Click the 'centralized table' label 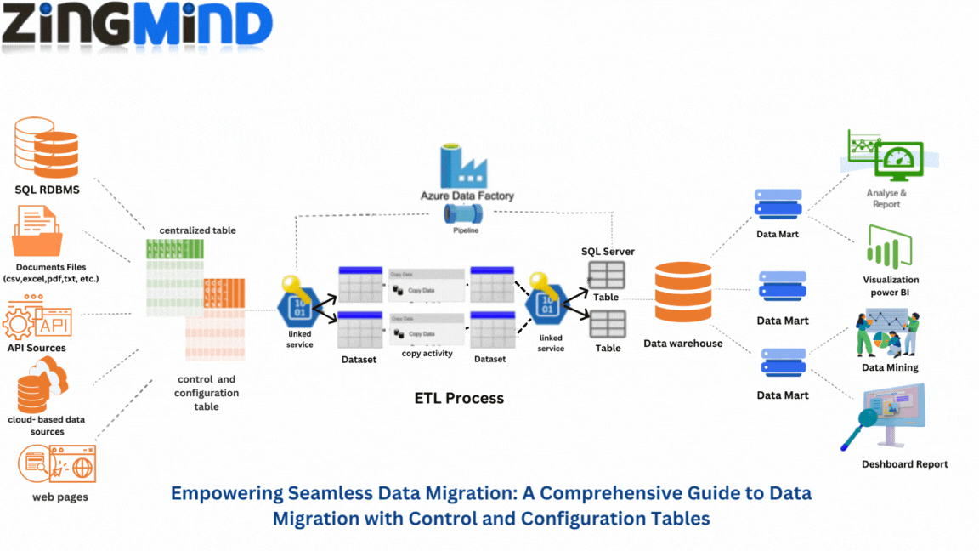197,230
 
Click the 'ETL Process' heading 459,398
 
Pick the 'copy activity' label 427,353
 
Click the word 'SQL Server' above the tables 608,252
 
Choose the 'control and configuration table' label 207,393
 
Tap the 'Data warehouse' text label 682,344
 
